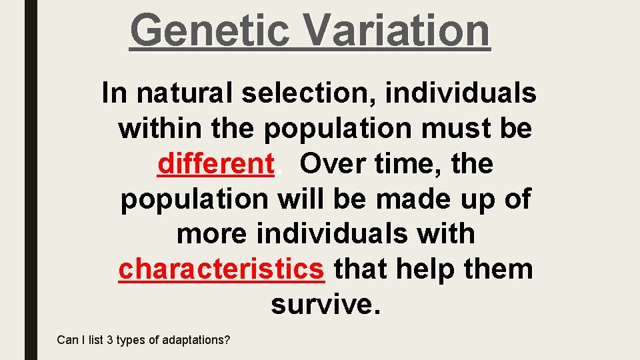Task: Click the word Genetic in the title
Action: point(209,30)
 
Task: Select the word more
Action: point(211,234)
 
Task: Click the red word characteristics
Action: point(221,269)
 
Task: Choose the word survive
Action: point(325,305)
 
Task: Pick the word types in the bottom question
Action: point(131,340)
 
